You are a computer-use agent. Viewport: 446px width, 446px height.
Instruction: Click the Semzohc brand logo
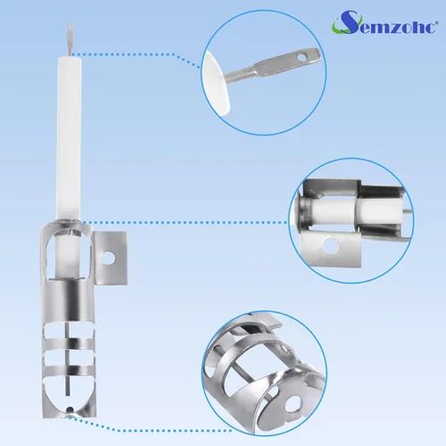(x=384, y=22)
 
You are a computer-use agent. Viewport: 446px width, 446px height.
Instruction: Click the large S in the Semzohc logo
(x=347, y=22)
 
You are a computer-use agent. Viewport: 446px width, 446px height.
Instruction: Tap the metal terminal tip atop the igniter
(x=70, y=39)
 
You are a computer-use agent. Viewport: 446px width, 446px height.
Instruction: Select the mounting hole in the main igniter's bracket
(x=107, y=258)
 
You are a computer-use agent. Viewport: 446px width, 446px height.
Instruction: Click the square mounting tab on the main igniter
(x=111, y=258)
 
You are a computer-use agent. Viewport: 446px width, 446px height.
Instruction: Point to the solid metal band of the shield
(x=70, y=301)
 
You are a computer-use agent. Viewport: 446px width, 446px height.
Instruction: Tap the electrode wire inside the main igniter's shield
(x=68, y=359)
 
